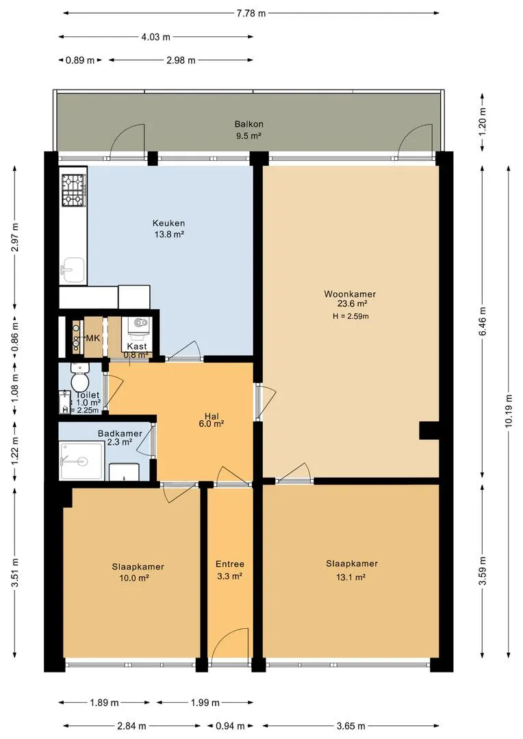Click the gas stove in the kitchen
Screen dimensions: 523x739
click(73, 190)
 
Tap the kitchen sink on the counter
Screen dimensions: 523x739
click(73, 270)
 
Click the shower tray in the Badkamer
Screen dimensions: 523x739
click(81, 461)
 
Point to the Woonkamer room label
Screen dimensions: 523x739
click(349, 294)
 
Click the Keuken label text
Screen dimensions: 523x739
click(168, 223)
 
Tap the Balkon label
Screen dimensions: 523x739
click(249, 125)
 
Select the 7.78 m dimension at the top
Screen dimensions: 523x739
click(251, 13)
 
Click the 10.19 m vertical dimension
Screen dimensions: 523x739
click(509, 411)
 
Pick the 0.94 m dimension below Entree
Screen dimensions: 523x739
click(230, 726)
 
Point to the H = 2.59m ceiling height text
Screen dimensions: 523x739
click(350, 316)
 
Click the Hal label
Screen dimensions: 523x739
click(212, 416)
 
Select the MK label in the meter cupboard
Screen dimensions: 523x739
click(93, 338)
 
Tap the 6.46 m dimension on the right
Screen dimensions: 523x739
click(482, 321)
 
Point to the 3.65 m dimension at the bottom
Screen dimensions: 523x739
click(351, 726)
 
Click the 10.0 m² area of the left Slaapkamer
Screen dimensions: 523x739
click(135, 578)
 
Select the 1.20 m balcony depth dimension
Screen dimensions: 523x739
click(482, 122)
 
